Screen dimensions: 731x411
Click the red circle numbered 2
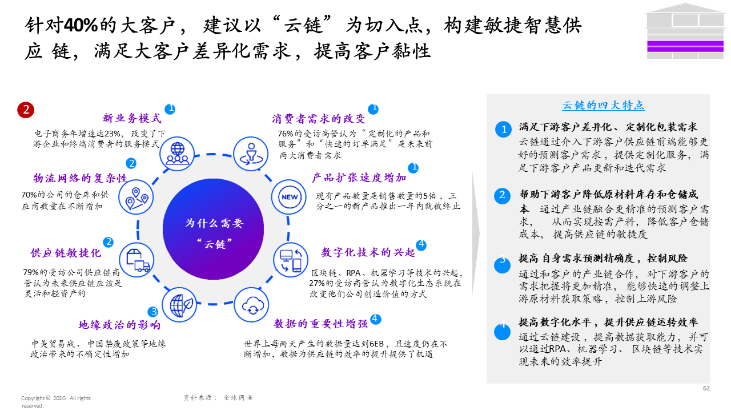coord(26,110)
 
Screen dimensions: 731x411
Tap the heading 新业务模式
coord(132,118)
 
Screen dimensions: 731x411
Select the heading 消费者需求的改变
coord(319,119)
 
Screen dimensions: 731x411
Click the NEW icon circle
coord(289,198)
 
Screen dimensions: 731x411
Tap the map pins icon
coord(138,196)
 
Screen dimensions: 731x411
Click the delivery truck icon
coord(138,260)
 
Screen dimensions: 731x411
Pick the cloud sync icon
coord(252,304)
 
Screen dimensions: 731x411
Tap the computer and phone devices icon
coord(290,260)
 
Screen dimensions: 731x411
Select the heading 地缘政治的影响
coord(119,325)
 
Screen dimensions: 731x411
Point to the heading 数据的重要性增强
coord(320,324)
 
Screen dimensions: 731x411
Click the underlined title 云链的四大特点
coord(604,105)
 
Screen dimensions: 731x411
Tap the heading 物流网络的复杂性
coord(80,178)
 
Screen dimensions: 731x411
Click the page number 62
coord(706,388)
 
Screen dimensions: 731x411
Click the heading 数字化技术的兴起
coord(368,252)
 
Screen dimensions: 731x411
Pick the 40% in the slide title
coord(81,25)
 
